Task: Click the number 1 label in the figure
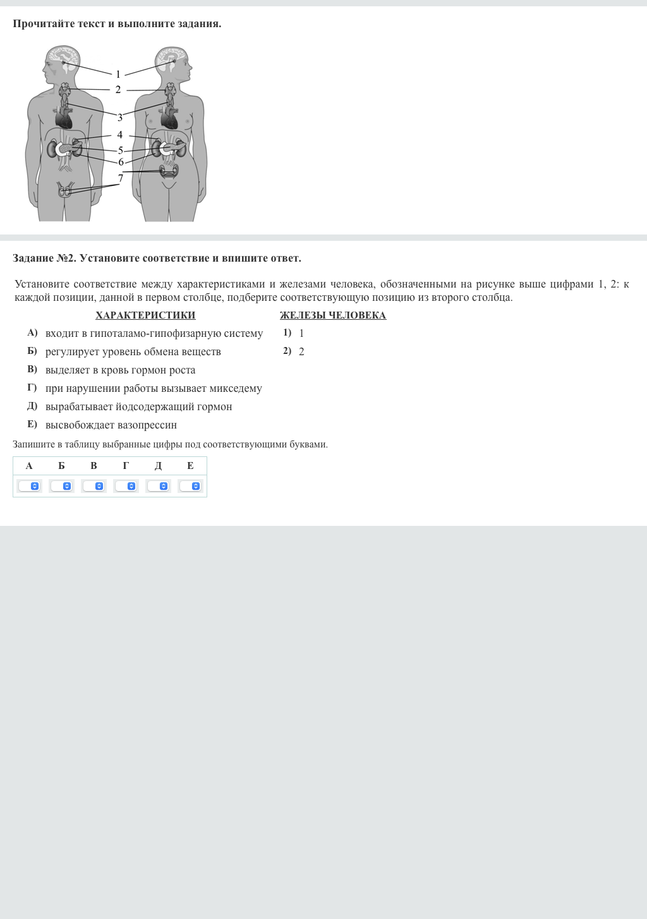(x=118, y=75)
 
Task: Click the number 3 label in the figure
(x=120, y=118)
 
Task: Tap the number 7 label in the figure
(x=121, y=179)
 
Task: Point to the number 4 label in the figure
(x=119, y=135)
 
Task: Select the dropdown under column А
(x=29, y=486)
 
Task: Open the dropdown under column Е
(x=190, y=486)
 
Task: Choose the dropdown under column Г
(x=126, y=486)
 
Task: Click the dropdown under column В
(x=94, y=486)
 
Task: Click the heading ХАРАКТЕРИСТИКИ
(x=145, y=315)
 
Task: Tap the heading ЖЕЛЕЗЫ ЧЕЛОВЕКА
(x=333, y=315)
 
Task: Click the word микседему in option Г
(x=236, y=389)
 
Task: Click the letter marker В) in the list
(x=32, y=370)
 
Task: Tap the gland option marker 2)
(x=287, y=351)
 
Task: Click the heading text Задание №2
(x=44, y=259)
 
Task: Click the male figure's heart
(x=64, y=118)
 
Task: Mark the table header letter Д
(x=158, y=466)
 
